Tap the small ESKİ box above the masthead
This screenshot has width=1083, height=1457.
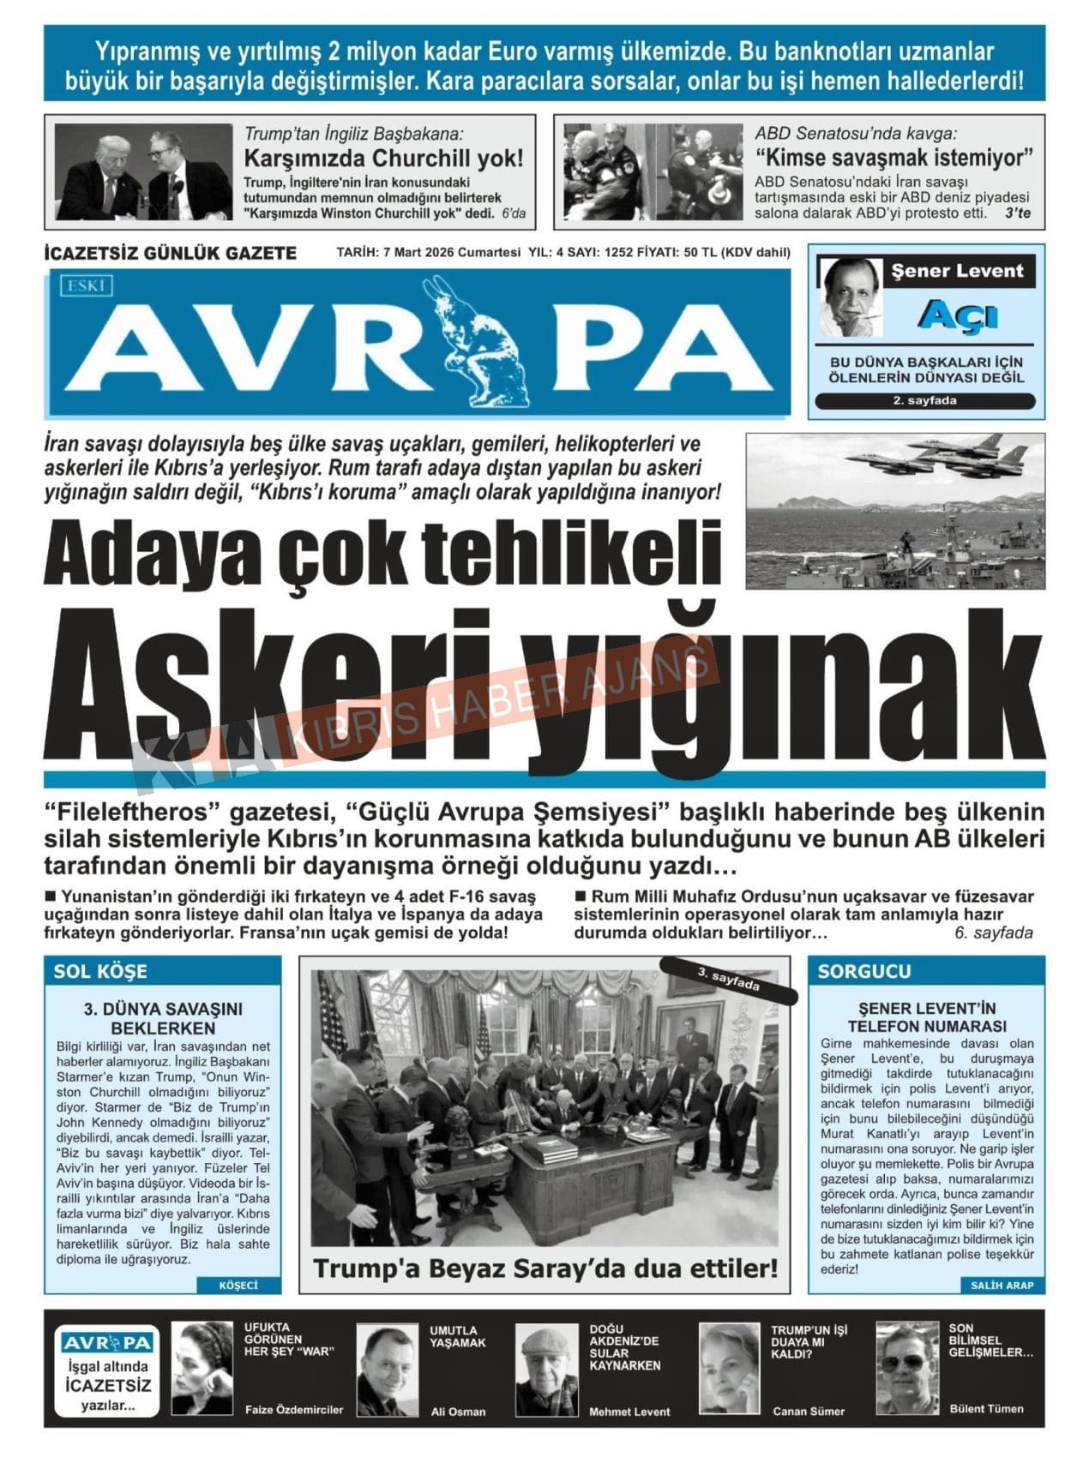86,285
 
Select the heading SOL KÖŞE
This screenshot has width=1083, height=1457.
100,971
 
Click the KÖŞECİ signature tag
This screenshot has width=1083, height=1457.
238,1285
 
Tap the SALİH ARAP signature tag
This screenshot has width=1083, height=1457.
1002,1285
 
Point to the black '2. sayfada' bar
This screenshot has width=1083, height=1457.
924,400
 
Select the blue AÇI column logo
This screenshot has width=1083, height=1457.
957,316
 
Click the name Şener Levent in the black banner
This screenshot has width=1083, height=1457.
957,272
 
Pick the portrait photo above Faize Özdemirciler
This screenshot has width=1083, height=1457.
202,1367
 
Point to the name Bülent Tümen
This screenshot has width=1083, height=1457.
986,1408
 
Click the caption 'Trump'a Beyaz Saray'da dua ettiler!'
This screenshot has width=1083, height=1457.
545,1268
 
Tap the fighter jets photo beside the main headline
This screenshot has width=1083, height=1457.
894,511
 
